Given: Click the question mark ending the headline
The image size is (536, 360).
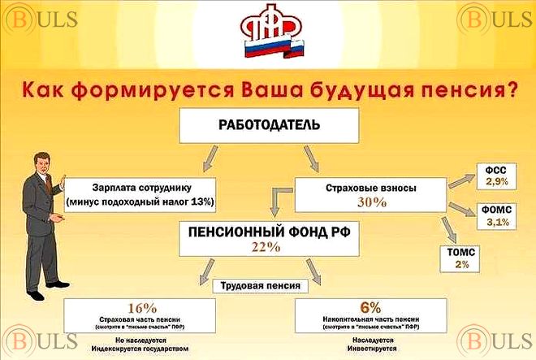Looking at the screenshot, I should pos(512,87).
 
